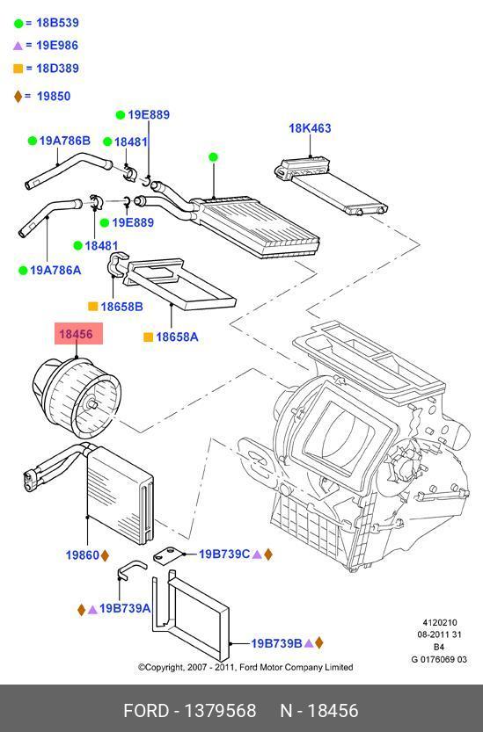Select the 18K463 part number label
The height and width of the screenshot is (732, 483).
310,128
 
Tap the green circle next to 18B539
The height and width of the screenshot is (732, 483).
18,24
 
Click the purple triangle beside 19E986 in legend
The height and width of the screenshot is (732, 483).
18,46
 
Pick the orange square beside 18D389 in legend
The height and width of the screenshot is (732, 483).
18,69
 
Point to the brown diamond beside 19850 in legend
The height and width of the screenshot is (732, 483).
18,96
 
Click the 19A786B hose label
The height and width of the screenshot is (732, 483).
64,141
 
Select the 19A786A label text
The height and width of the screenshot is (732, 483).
55,270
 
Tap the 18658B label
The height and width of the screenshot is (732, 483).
121,307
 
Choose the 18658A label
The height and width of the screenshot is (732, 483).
177,337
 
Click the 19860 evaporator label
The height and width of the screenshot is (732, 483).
83,555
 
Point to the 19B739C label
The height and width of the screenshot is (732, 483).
224,554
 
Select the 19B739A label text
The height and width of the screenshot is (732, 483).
125,608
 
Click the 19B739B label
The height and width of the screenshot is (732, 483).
276,643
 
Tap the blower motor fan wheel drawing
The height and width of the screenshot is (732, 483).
77,397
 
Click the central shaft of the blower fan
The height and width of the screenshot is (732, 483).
91,404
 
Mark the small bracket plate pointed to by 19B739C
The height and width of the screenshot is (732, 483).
168,555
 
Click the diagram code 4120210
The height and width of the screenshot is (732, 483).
440,622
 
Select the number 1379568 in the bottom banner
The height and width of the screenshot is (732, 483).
220,711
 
